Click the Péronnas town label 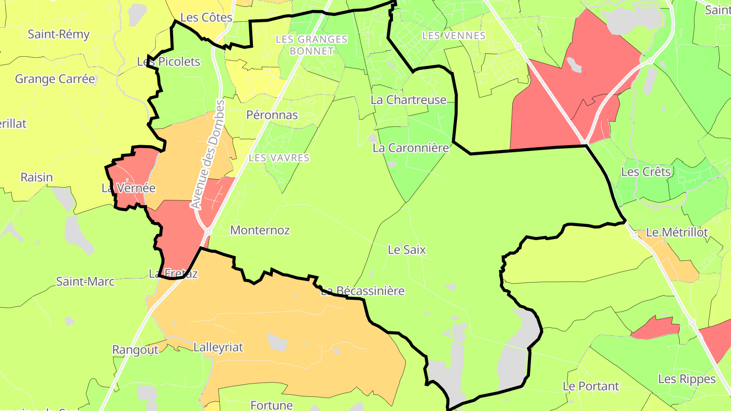click(272, 115)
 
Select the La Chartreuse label click(408, 100)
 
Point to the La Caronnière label click(411, 148)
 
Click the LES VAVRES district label click(279, 158)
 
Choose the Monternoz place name click(260, 230)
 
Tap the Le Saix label click(407, 250)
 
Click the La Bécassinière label click(362, 291)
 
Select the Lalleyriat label click(218, 348)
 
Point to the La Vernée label click(128, 188)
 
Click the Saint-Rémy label click(58, 35)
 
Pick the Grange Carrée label click(55, 79)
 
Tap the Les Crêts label click(646, 172)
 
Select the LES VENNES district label click(454, 36)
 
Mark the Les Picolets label click(169, 62)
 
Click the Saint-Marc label click(85, 281)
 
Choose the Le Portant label click(591, 386)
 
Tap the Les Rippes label click(687, 379)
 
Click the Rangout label click(135, 350)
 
